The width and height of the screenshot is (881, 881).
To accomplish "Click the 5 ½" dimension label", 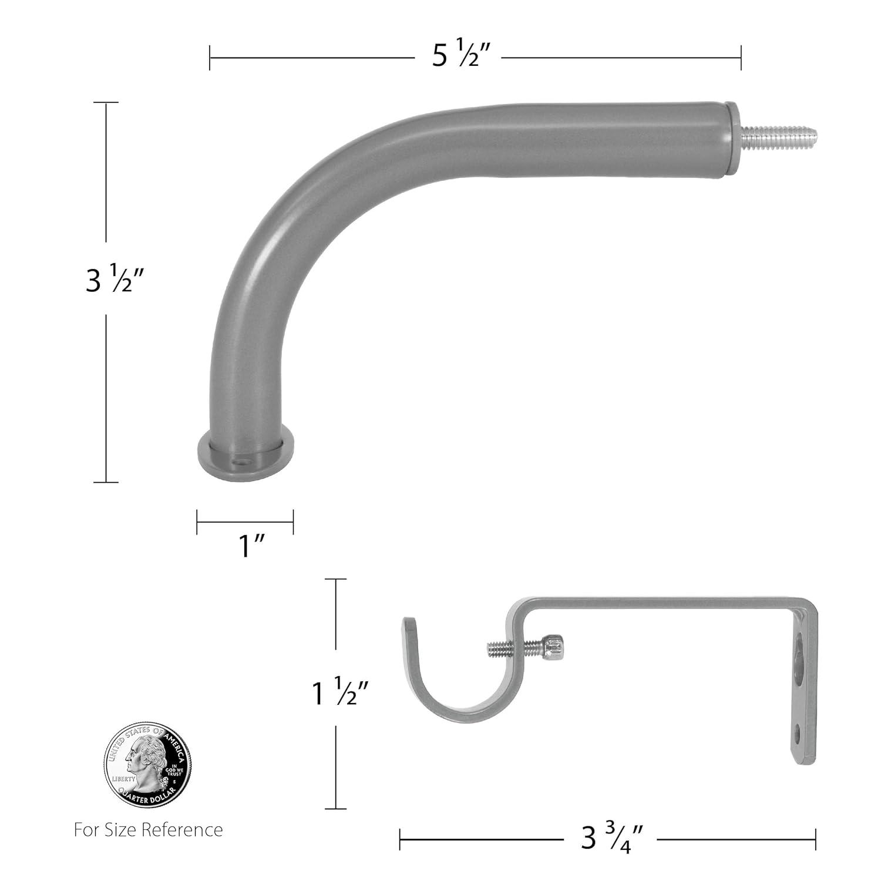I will coord(457,56).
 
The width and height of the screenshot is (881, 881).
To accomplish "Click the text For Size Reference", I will coord(148,830).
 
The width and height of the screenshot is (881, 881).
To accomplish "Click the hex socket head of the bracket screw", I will coord(555,646).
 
